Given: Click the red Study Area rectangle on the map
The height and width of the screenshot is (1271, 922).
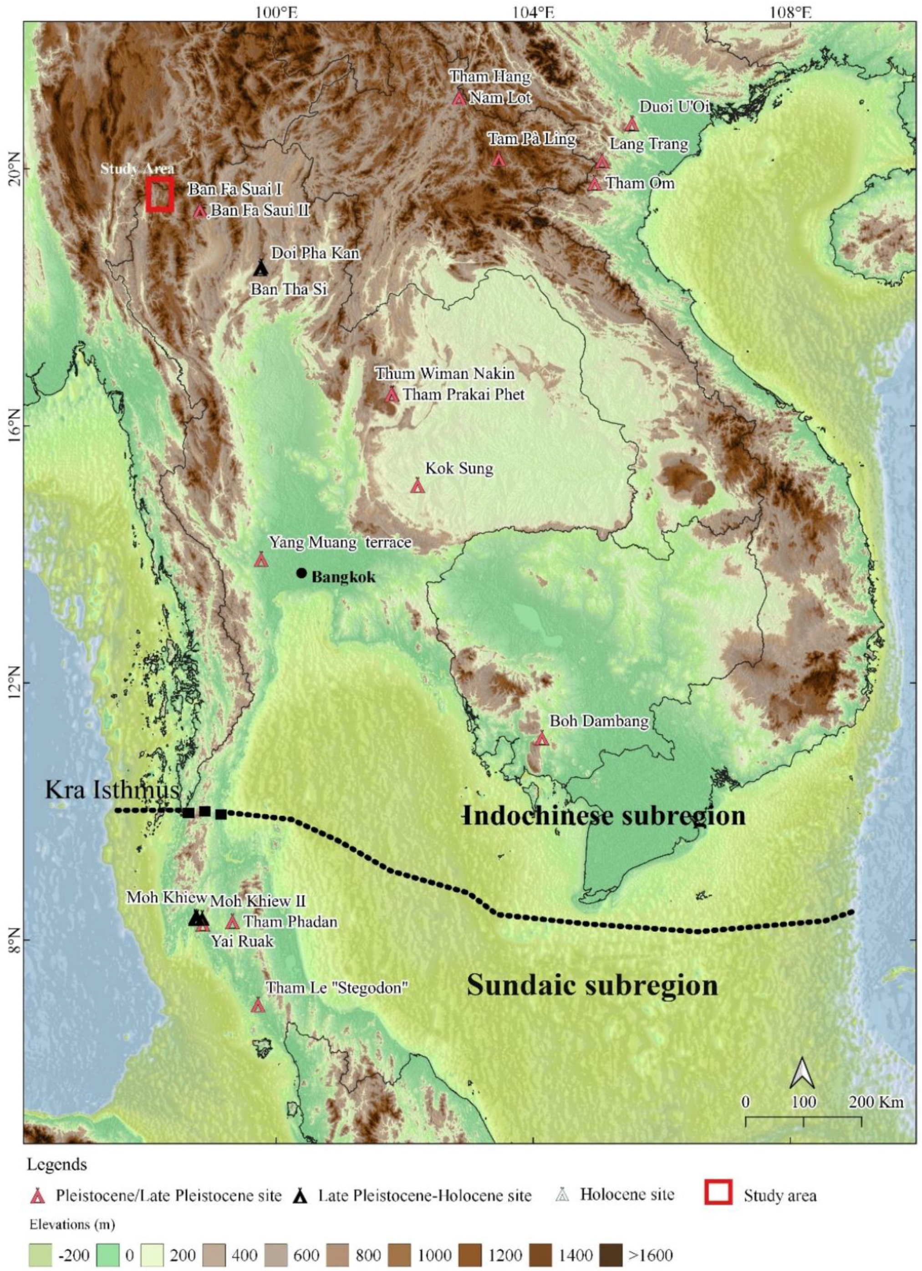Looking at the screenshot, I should coord(160,194).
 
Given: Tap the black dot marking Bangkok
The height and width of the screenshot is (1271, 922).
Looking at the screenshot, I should coord(301,573).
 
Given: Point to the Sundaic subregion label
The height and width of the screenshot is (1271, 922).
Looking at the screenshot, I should coord(592,985).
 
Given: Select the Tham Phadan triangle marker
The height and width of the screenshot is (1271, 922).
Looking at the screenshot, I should coord(233,922).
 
